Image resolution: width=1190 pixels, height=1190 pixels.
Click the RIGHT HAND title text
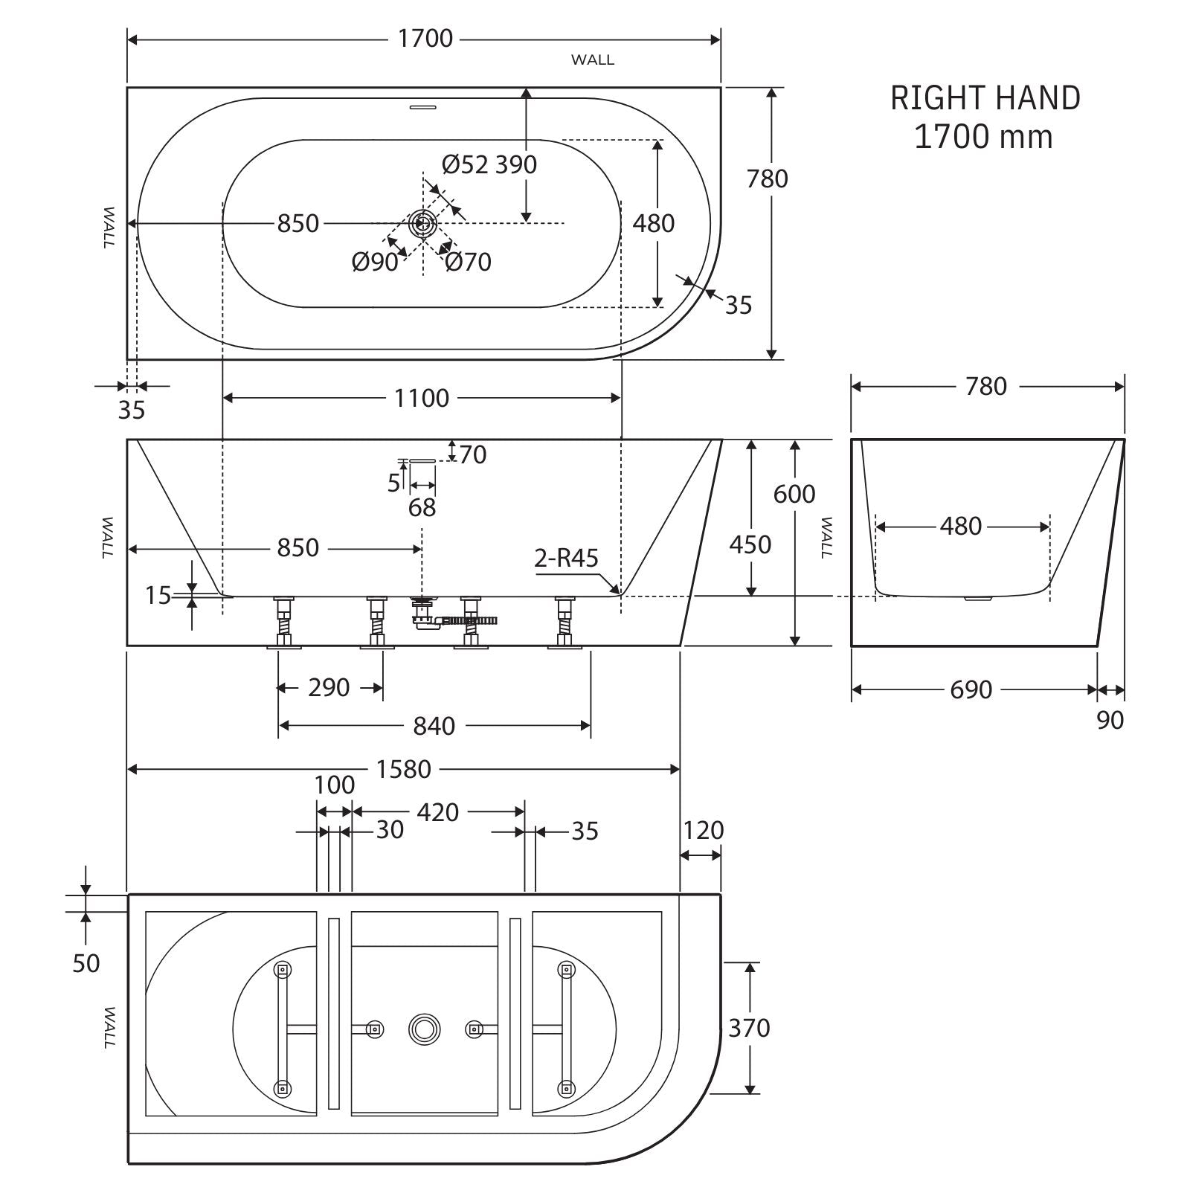[985, 98]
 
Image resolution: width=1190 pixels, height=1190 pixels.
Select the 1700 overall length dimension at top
[425, 39]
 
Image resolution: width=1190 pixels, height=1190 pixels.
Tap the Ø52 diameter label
[464, 164]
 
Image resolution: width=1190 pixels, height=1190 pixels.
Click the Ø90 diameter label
[375, 262]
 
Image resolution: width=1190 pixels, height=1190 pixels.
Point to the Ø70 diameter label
[469, 262]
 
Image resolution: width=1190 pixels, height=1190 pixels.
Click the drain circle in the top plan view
[423, 222]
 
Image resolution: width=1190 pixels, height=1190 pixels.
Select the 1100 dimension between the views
[422, 399]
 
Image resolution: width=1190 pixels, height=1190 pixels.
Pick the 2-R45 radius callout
[566, 558]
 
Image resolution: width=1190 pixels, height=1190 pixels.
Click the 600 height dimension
[794, 494]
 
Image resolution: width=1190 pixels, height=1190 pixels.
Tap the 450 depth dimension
[750, 544]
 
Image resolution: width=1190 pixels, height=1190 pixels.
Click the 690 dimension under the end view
[971, 690]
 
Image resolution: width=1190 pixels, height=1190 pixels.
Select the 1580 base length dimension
[403, 769]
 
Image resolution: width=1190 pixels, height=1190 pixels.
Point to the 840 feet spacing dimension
[434, 726]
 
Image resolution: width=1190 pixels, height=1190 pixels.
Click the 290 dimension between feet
[329, 688]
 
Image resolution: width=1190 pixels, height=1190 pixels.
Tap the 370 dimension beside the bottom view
[749, 1028]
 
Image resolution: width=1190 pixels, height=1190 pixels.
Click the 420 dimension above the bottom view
[437, 812]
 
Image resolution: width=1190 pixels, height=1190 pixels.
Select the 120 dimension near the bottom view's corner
[703, 830]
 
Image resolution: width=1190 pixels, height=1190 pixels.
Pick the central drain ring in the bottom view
[424, 1029]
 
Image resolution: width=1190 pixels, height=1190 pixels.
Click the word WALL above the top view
[593, 60]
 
